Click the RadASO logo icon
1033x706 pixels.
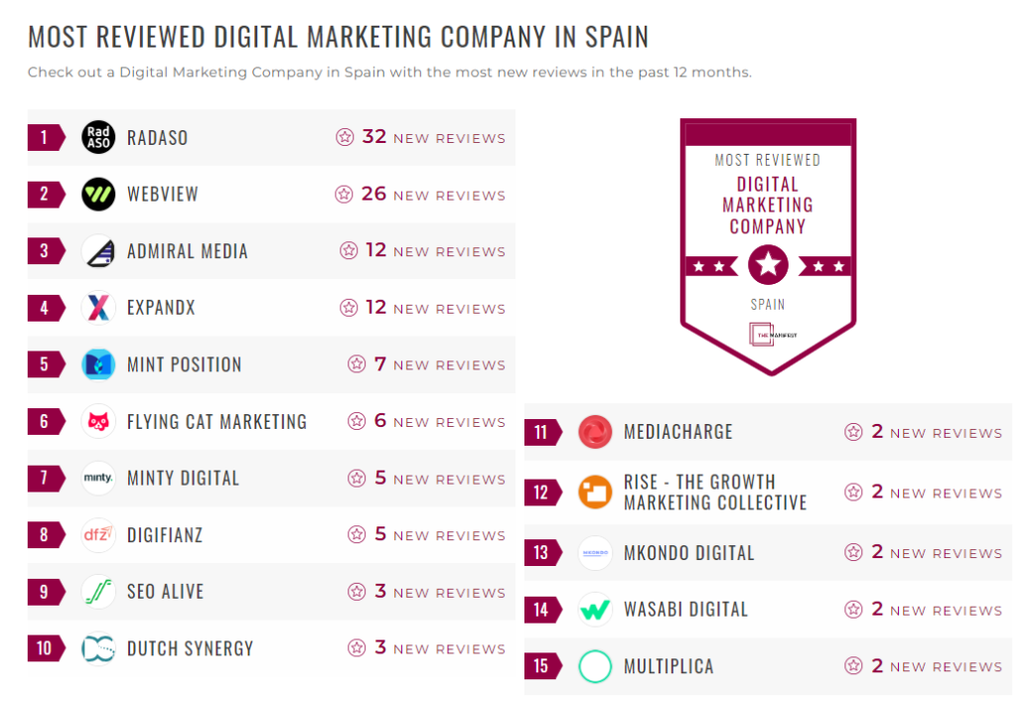pyautogui.click(x=98, y=137)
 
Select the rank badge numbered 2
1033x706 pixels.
pyautogui.click(x=45, y=194)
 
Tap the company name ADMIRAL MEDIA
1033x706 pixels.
pyautogui.click(x=187, y=251)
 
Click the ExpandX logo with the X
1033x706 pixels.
pyautogui.click(x=98, y=307)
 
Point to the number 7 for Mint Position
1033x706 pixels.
pyautogui.click(x=380, y=364)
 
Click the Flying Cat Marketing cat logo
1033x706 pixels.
pyautogui.click(x=98, y=421)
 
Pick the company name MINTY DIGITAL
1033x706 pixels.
pyautogui.click(x=183, y=478)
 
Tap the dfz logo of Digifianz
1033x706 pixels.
pyautogui.click(x=98, y=534)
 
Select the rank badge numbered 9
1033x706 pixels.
pyautogui.click(x=45, y=592)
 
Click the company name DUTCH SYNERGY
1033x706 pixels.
pyautogui.click(x=190, y=648)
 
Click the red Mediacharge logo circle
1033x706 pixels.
pyautogui.click(x=595, y=432)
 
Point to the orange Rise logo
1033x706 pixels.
pyautogui.click(x=595, y=492)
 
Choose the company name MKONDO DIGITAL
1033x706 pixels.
pyautogui.click(x=688, y=553)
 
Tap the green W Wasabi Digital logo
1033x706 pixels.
pyautogui.click(x=595, y=610)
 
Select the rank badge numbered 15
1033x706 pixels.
pyautogui.click(x=541, y=666)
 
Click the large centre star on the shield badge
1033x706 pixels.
pyautogui.click(x=768, y=265)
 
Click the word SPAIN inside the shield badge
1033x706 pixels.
pyautogui.click(x=768, y=305)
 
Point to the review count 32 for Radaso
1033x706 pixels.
pyautogui.click(x=373, y=137)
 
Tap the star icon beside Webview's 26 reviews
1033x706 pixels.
pyautogui.click(x=344, y=195)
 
